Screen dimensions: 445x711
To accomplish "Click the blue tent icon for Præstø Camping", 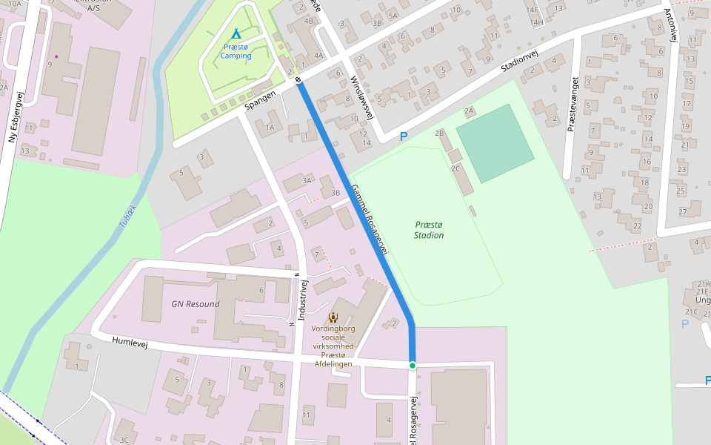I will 236,34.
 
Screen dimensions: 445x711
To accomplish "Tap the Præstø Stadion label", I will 429,230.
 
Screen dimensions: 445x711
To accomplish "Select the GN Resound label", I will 196,304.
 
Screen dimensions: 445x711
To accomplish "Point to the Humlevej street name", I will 130,342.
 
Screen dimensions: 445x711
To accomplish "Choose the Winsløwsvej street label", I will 365,96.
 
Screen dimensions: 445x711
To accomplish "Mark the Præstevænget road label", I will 572,105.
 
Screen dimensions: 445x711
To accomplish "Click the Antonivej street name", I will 670,26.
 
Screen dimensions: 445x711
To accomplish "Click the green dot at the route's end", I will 412,366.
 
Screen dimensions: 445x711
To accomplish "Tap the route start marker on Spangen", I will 298,79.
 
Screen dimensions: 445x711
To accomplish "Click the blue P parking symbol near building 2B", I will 404,136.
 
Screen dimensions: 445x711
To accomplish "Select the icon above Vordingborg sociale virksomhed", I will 332,317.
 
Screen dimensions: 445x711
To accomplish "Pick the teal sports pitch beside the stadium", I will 495,143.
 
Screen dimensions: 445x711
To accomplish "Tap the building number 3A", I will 307,180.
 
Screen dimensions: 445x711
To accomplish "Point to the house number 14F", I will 532,10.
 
